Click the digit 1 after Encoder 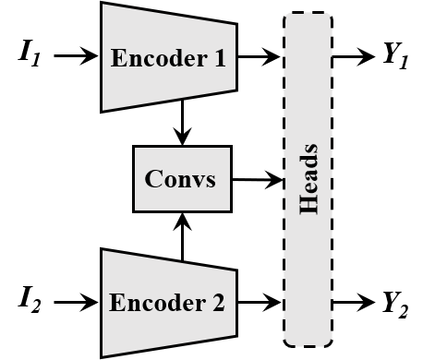tap(218, 58)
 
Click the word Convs tap(181, 178)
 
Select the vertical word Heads tap(308, 179)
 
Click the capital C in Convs tap(153, 178)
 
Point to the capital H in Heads tap(308, 205)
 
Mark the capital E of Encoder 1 tap(118, 58)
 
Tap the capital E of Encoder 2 tap(116, 303)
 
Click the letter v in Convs tap(197, 179)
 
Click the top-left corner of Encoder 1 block tap(103, 5)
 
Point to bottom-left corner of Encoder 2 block tap(103, 354)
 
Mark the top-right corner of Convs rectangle tap(229, 148)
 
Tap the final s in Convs tap(210, 179)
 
